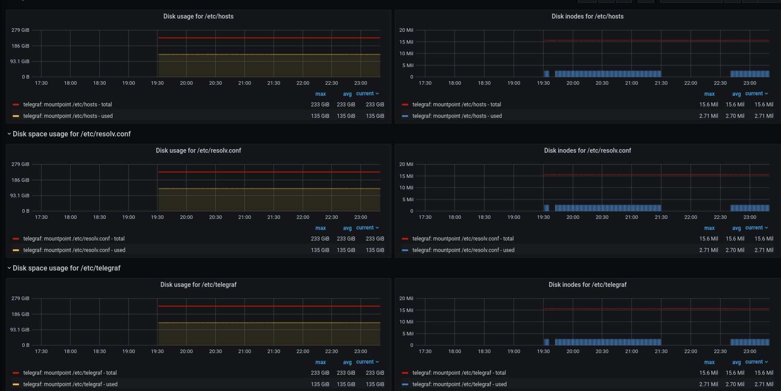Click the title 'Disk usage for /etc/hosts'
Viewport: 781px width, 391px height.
tap(198, 16)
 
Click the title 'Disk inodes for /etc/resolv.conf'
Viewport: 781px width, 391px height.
tap(587, 150)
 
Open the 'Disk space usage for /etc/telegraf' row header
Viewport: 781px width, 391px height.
tap(66, 268)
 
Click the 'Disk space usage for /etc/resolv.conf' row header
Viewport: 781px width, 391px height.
tap(71, 134)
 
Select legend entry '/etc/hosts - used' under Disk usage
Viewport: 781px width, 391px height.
tap(68, 116)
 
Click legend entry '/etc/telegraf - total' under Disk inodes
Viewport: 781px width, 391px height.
tap(459, 373)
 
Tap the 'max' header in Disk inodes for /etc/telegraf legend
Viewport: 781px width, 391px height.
tap(709, 362)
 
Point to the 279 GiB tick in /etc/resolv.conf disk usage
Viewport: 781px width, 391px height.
tap(20, 164)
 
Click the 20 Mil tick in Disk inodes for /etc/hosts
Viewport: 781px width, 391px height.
tap(406, 30)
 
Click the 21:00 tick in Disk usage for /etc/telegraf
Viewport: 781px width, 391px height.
tap(244, 351)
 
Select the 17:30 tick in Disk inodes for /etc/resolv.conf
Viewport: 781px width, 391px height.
tap(425, 217)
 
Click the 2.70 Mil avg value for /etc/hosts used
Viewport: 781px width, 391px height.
tap(735, 116)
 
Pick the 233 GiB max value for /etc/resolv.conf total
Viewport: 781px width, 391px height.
tap(320, 239)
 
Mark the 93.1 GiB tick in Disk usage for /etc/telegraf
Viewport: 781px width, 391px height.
tap(20, 330)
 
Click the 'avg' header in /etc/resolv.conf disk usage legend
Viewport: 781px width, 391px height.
tap(347, 228)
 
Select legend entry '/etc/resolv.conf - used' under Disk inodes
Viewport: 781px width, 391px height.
tap(463, 250)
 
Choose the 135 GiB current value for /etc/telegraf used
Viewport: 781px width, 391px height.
tap(375, 384)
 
